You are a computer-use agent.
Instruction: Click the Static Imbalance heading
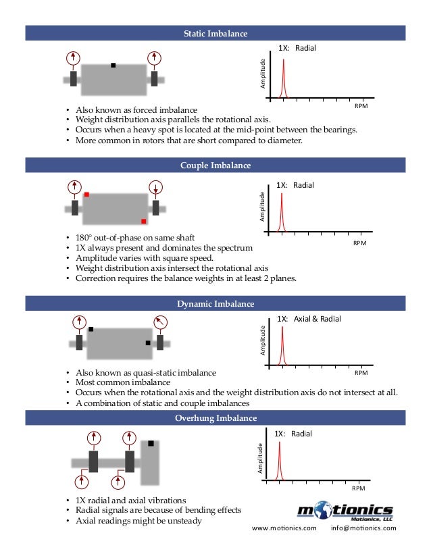click(215, 33)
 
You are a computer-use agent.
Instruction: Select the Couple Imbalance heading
click(215, 166)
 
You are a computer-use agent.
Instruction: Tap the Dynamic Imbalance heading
click(215, 304)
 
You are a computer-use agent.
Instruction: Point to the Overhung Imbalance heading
click(215, 418)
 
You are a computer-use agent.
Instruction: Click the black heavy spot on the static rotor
click(113, 66)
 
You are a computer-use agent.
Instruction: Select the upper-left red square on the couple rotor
click(86, 195)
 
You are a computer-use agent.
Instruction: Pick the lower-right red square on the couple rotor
click(143, 221)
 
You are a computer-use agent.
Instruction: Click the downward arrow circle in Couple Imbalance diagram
click(155, 187)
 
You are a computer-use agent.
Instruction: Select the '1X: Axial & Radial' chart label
click(309, 319)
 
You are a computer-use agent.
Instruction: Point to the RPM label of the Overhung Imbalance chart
click(359, 488)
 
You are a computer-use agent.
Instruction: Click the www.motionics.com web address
click(284, 528)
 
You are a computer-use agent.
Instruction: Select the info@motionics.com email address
click(363, 528)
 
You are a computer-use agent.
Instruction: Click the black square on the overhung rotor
click(151, 444)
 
